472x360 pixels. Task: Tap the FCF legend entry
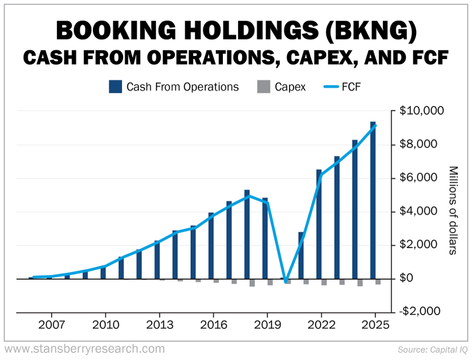[x=341, y=87]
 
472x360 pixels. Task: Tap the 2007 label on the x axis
[x=52, y=324]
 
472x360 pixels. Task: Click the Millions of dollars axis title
[x=452, y=210]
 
